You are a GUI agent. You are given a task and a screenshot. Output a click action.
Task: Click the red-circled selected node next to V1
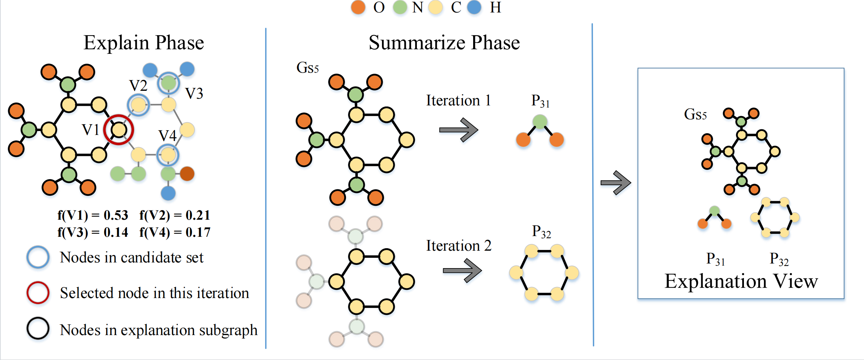pos(119,130)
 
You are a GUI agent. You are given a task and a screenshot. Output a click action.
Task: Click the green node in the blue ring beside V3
pos(169,83)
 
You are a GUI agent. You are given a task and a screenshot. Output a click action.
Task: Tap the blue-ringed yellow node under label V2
pos(138,105)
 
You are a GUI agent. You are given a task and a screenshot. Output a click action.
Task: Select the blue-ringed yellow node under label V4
pos(168,155)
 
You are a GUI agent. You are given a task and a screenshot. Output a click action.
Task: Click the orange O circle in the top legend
pos(358,7)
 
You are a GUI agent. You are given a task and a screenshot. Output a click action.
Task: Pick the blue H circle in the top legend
pos(474,7)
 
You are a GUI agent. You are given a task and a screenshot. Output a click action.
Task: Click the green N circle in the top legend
pos(400,7)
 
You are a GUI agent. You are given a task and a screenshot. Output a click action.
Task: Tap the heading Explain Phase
pos(144,43)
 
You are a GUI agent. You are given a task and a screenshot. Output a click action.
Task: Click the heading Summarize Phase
pos(444,43)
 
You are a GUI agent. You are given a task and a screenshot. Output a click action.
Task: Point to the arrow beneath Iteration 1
pos(459,130)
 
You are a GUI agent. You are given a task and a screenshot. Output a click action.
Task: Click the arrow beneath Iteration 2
pos(462,271)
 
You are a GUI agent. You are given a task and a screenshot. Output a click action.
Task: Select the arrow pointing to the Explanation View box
pos(616,183)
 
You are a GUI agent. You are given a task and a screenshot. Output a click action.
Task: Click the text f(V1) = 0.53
pos(93,215)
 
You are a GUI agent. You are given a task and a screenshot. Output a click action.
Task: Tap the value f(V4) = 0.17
pos(175,233)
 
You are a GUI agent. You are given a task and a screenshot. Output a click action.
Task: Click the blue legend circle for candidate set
pos(38,257)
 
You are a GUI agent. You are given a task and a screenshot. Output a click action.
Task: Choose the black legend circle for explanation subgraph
pos(38,328)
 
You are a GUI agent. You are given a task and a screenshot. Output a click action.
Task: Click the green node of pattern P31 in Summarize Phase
pos(540,122)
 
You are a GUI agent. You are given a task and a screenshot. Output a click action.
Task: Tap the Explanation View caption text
pos(741,281)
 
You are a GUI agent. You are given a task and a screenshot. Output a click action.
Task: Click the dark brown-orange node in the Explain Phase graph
pos(187,174)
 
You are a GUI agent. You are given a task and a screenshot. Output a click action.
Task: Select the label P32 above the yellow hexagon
pos(541,232)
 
